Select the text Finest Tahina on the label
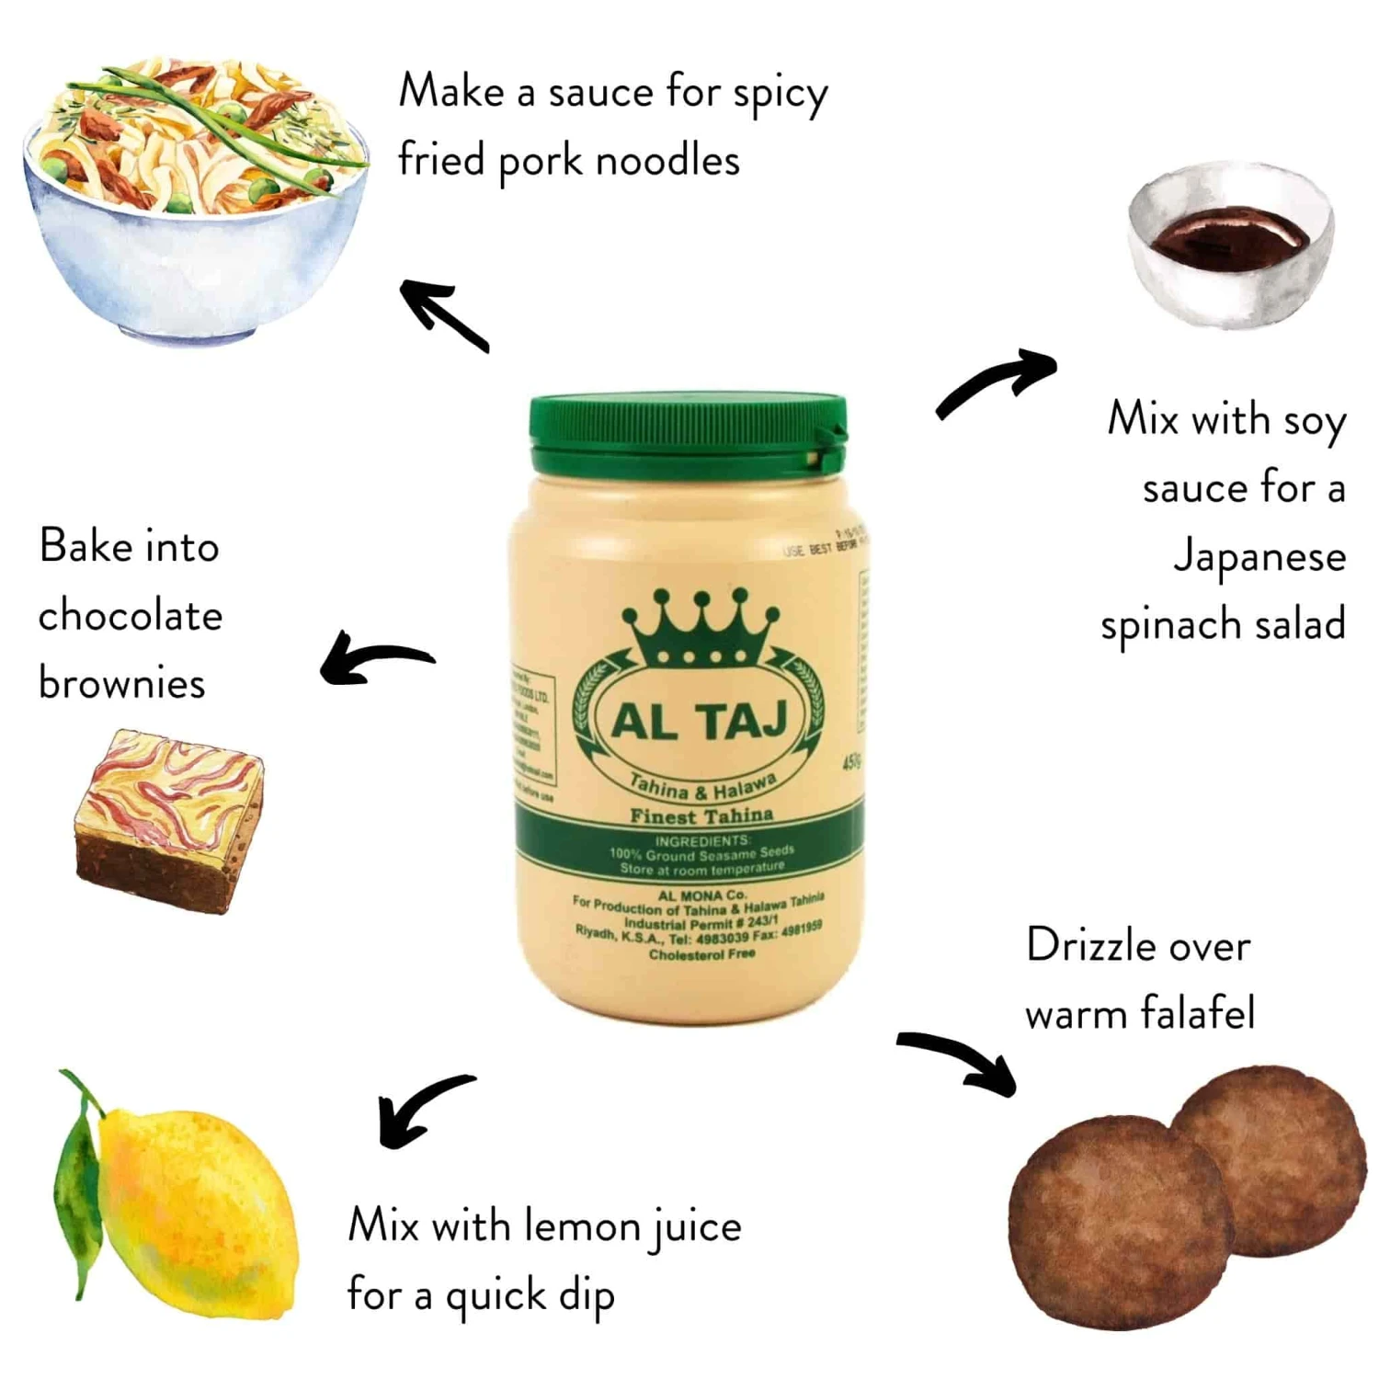[701, 815]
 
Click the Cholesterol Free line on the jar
[701, 954]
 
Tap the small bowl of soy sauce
[1230, 244]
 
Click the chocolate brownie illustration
[170, 821]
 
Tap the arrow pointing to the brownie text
[372, 658]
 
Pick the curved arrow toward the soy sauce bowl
[997, 382]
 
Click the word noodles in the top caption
[667, 162]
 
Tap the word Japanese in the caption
[1259, 557]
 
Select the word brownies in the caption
[122, 683]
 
